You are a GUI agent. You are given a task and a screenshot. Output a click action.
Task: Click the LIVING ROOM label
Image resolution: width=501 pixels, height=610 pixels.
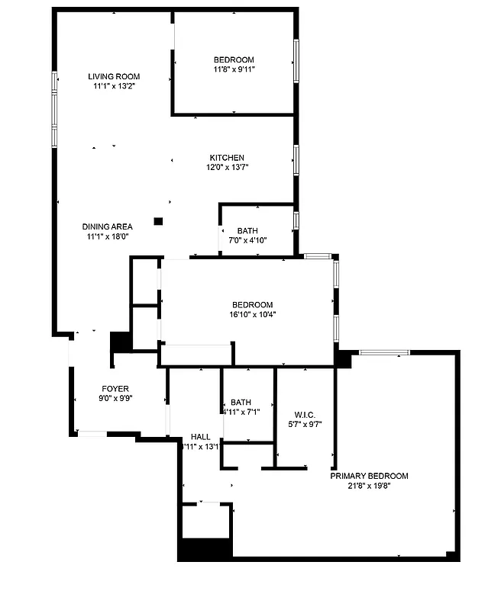pyautogui.click(x=114, y=76)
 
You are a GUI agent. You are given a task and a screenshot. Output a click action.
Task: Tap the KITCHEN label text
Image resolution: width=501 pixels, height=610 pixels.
pyautogui.click(x=228, y=158)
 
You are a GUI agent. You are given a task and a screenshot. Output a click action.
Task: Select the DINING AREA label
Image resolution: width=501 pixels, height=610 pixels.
pyautogui.click(x=108, y=226)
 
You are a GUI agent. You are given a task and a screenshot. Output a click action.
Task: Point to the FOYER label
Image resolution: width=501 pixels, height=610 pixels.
pyautogui.click(x=115, y=388)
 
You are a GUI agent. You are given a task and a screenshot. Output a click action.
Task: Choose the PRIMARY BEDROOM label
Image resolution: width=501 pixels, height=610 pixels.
pyautogui.click(x=369, y=476)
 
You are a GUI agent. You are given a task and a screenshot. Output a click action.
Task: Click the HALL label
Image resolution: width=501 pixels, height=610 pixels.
pyautogui.click(x=201, y=437)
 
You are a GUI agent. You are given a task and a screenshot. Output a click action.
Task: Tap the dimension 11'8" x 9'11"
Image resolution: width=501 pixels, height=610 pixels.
pyautogui.click(x=234, y=69)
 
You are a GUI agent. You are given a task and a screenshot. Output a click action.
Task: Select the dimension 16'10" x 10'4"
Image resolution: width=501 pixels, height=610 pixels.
pyautogui.click(x=252, y=314)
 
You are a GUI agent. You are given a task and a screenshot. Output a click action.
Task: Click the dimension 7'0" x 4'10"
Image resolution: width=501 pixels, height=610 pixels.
pyautogui.click(x=247, y=240)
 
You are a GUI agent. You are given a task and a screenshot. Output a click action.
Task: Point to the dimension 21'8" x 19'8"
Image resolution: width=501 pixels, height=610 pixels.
pyautogui.click(x=369, y=486)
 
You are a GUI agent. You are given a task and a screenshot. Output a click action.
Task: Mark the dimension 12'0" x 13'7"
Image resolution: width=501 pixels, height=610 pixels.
pyautogui.click(x=228, y=167)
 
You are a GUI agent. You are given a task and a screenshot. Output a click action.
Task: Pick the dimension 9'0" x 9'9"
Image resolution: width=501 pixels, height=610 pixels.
pyautogui.click(x=115, y=397)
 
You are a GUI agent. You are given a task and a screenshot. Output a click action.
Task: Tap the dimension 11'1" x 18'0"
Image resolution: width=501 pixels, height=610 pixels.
pyautogui.click(x=107, y=236)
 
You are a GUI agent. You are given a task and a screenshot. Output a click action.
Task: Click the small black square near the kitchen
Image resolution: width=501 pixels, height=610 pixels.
pyautogui.click(x=158, y=221)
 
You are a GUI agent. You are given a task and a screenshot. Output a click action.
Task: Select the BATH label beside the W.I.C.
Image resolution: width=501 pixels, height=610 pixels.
pyautogui.click(x=241, y=403)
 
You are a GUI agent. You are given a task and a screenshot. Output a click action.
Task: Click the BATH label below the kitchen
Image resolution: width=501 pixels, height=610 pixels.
pyautogui.click(x=247, y=231)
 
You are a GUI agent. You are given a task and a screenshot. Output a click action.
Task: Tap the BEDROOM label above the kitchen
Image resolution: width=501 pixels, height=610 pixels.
pyautogui.click(x=234, y=59)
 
